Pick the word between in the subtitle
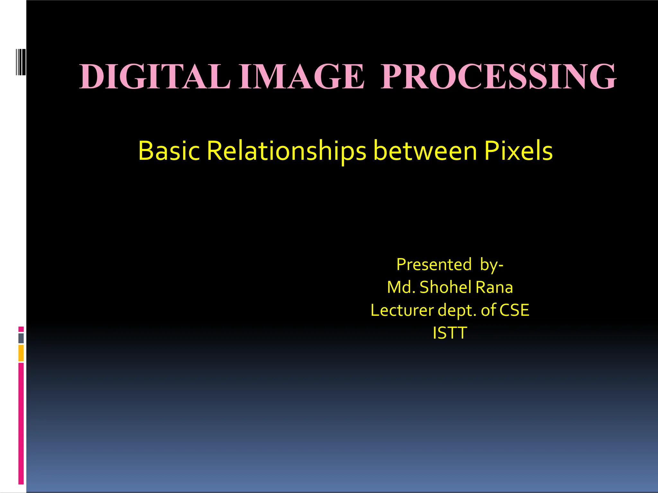coord(425,151)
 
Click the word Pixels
coord(518,151)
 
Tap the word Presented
coord(434,264)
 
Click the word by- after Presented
coord(492,265)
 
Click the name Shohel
coord(446,287)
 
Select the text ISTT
coord(449,333)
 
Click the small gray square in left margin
coord(21,338)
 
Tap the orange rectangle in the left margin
coord(21,353)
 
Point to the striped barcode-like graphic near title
coord(21,62)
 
